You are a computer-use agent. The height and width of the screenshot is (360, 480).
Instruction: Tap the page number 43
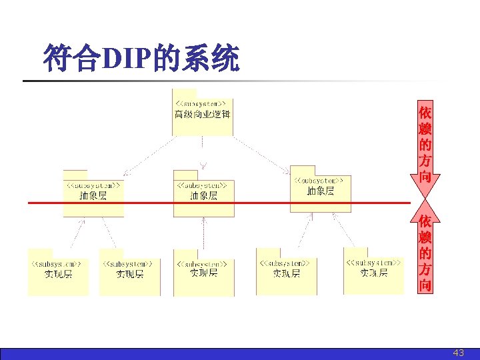(x=458, y=353)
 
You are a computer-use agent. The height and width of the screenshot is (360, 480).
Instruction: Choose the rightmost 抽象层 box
(x=320, y=190)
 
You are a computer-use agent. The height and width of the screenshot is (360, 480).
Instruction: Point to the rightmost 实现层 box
(x=373, y=273)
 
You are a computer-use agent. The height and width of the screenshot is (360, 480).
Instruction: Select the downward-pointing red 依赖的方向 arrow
(x=425, y=147)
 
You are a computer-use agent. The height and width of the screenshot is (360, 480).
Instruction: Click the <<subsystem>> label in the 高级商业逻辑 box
(x=203, y=103)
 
